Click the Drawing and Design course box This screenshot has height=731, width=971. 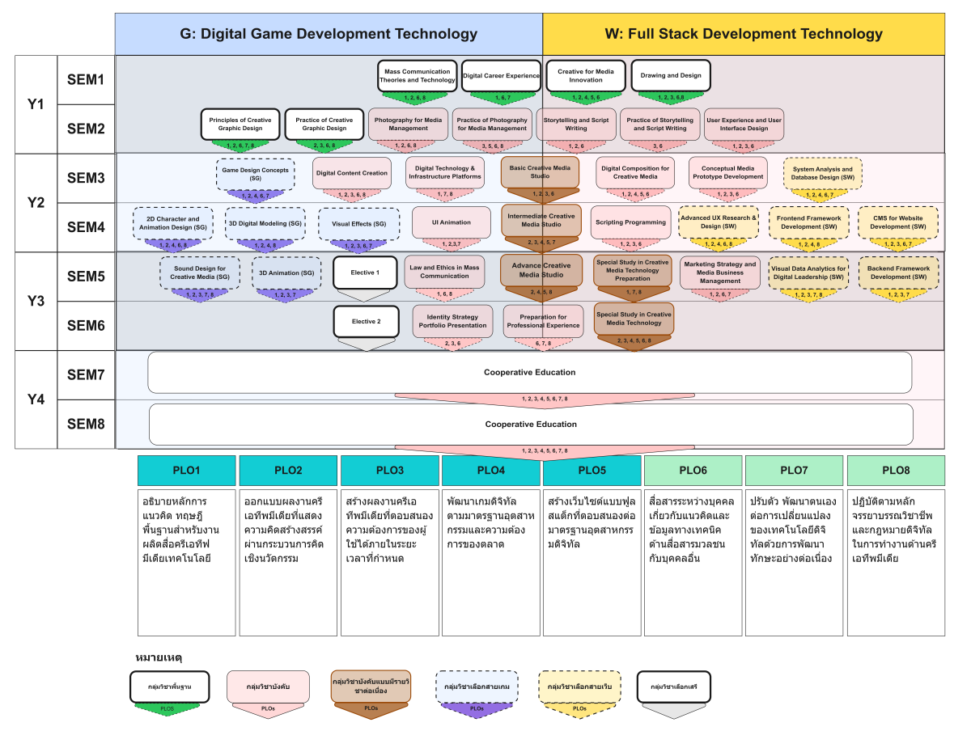pyautogui.click(x=670, y=75)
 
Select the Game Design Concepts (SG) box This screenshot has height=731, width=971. pyautogui.click(x=255, y=173)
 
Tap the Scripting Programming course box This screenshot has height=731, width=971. pyautogui.click(x=630, y=222)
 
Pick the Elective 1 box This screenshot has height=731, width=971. pyautogui.click(x=365, y=273)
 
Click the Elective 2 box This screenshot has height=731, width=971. pyautogui.click(x=365, y=321)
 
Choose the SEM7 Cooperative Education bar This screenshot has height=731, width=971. pyautogui.click(x=529, y=373)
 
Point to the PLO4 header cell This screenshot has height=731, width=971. pyautogui.click(x=491, y=470)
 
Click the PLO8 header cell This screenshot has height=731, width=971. pyautogui.click(x=896, y=470)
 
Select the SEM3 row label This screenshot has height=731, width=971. pyautogui.click(x=86, y=178)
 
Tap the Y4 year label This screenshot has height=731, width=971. pyautogui.click(x=36, y=399)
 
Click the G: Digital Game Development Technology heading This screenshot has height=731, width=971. pyautogui.click(x=329, y=34)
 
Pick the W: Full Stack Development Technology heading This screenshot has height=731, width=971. pyautogui.click(x=744, y=34)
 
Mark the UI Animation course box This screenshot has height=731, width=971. pyautogui.click(x=452, y=222)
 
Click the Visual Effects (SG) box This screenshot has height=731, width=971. pyautogui.click(x=358, y=223)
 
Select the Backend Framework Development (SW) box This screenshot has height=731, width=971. pyautogui.click(x=898, y=272)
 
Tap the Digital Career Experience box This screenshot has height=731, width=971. pyautogui.click(x=501, y=75)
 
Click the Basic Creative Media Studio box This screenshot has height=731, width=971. pyautogui.click(x=540, y=171)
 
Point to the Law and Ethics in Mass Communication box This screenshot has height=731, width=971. pyautogui.click(x=444, y=271)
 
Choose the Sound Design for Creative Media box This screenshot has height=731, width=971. pyautogui.click(x=199, y=272)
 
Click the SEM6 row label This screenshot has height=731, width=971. pyautogui.click(x=86, y=326)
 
